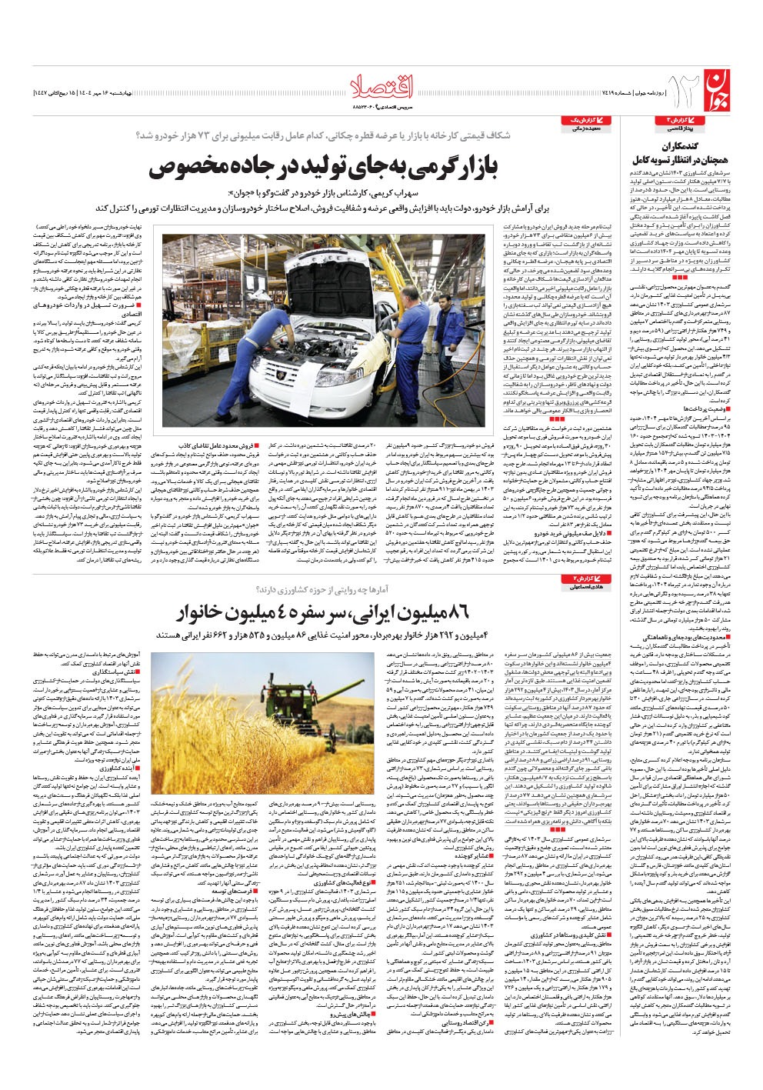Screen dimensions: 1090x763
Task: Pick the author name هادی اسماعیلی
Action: (585, 565)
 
